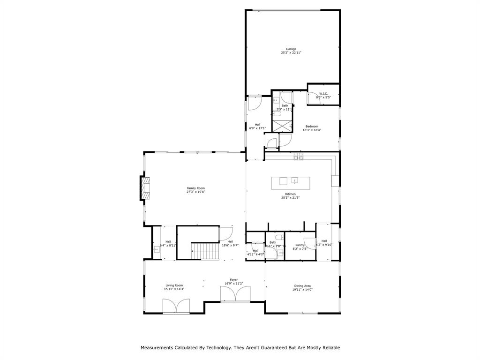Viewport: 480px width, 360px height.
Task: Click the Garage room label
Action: (291, 49)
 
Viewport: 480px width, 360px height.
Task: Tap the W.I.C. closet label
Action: (323, 94)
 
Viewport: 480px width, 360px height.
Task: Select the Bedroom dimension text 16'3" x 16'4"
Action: (312, 130)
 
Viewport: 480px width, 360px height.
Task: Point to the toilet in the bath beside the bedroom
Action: (277, 113)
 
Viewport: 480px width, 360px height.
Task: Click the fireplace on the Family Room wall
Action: (145, 188)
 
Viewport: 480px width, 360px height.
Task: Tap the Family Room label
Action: (196, 188)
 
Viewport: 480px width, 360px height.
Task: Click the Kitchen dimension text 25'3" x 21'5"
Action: (291, 198)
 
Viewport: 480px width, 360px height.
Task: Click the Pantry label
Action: (300, 245)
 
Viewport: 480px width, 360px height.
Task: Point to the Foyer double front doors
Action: (236, 294)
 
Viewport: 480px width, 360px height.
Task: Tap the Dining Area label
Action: (302, 285)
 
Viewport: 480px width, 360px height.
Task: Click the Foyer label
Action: (233, 279)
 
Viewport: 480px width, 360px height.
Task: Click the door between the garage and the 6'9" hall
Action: (255, 103)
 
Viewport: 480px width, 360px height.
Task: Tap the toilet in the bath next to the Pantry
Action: (279, 236)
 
